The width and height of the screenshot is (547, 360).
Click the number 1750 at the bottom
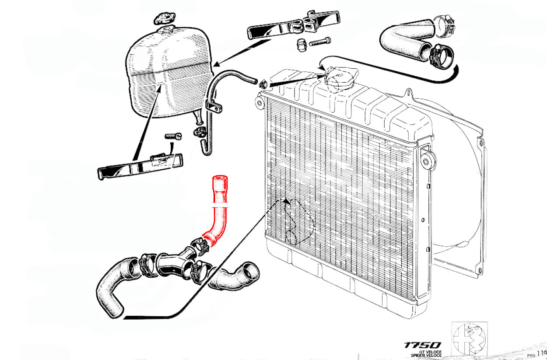pos(423,345)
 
